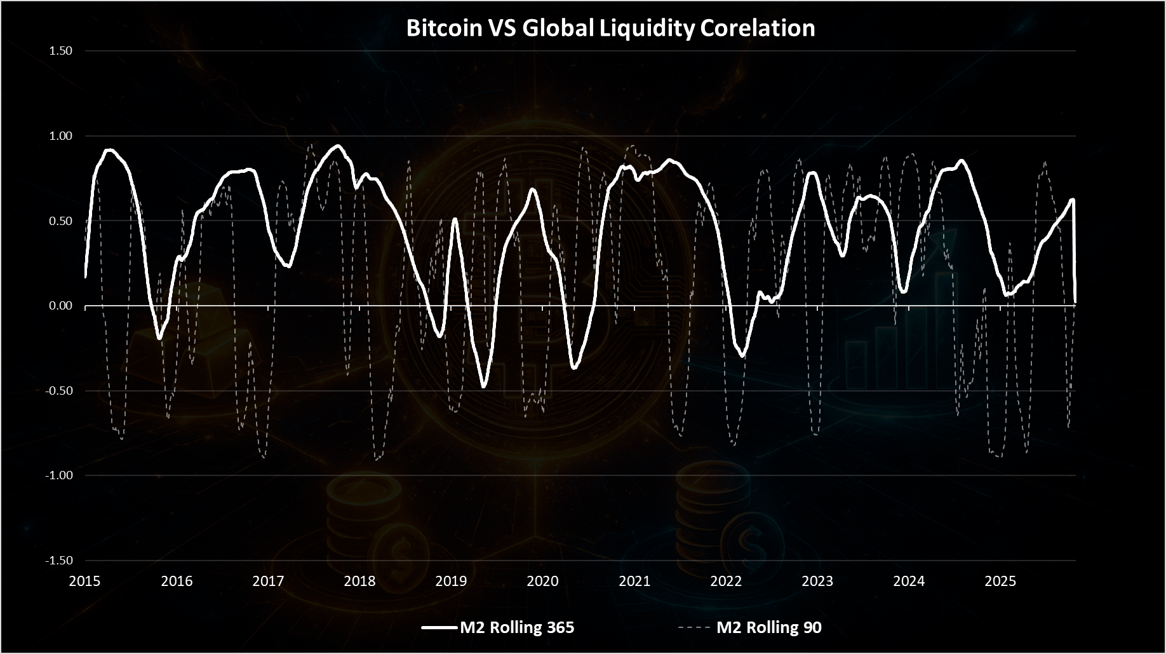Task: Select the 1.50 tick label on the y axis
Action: (61, 51)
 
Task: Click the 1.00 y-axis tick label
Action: (61, 136)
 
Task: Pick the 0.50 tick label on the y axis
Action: (61, 221)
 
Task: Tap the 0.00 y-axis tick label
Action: (61, 306)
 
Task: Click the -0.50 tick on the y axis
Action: (59, 391)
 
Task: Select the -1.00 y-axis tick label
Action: (59, 475)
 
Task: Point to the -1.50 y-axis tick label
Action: (59, 561)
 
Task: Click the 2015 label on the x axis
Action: (85, 581)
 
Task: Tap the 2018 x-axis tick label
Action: (359, 581)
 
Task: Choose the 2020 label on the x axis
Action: (543, 581)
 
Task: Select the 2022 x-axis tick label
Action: (726, 581)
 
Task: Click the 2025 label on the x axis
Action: (1000, 581)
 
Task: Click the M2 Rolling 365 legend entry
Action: (499, 628)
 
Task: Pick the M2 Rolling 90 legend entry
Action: (750, 628)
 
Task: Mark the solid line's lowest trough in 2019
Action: (483, 386)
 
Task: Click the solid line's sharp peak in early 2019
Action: (455, 219)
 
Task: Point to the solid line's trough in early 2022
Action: (742, 356)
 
